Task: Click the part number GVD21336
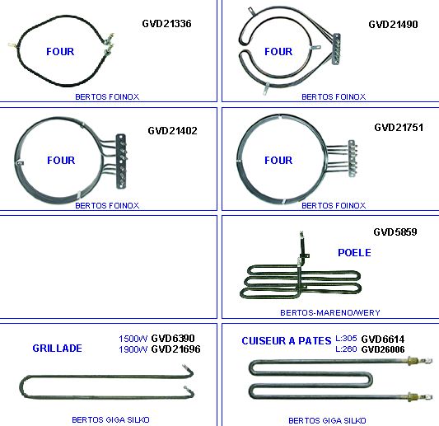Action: pos(166,24)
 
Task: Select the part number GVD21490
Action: pos(393,25)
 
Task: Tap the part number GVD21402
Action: pos(172,130)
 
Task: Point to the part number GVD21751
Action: pos(399,128)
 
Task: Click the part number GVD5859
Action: pos(395,232)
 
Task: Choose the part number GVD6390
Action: pos(173,339)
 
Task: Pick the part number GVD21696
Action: pos(175,349)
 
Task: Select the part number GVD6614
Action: pos(383,339)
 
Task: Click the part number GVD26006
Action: pos(383,349)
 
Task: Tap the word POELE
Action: pos(354,253)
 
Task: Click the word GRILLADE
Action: pos(58,349)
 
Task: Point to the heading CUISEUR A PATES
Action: pos(287,341)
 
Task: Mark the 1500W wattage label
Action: pos(133,339)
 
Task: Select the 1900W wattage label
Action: pos(133,349)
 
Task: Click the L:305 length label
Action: pos(346,339)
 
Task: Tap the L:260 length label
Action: pos(346,349)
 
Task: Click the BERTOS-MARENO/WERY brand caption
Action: pos(330,312)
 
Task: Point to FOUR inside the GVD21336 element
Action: pos(60,52)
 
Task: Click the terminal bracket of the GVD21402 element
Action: pos(121,161)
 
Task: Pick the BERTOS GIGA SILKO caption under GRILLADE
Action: pos(110,420)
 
